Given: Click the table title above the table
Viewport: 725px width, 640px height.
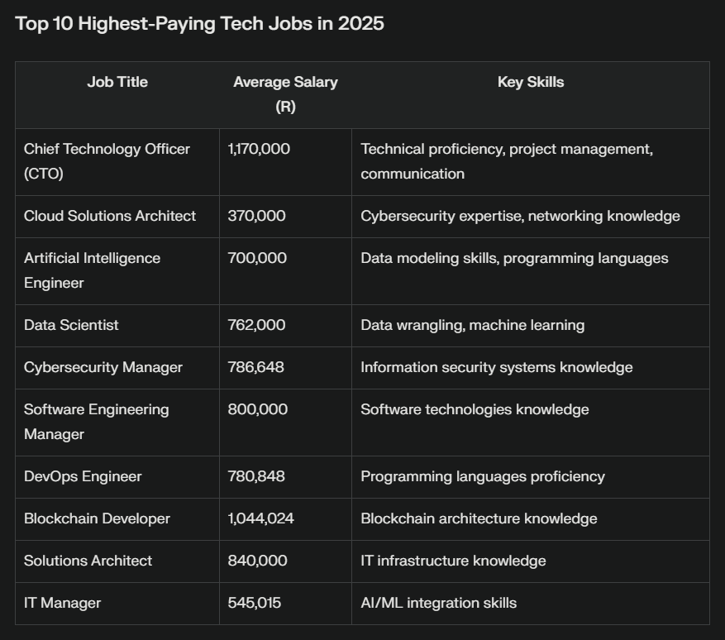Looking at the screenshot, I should pos(199,24).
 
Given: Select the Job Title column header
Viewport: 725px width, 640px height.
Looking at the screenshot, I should pos(117,82).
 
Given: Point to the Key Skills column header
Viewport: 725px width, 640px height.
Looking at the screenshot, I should pos(531,82).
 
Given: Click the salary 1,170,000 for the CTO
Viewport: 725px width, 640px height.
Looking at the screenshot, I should pos(259,149).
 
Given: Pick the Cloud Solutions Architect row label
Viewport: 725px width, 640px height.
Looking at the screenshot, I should pos(110,216).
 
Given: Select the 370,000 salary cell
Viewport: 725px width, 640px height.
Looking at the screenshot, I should pos(256,216).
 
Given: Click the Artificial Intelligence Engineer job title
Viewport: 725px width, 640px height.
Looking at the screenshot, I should pos(93,270).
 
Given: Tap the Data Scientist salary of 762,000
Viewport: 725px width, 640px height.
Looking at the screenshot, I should pos(256,325).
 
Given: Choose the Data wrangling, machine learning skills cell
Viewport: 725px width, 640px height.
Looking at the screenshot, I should pos(472,325).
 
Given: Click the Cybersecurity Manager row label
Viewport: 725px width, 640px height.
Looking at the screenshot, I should pos(103,367).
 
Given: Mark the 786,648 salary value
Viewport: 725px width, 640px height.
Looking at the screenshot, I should pos(255,367).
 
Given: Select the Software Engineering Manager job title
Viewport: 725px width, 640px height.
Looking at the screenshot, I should pos(96,422).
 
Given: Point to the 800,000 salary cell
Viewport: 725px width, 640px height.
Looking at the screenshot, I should pos(257,409).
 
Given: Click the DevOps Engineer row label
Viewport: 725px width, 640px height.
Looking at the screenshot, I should pos(83,476).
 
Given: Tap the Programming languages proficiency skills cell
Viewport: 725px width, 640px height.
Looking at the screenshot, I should pos(482,476).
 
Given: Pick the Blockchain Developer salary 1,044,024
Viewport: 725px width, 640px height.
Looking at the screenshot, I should pos(260,518).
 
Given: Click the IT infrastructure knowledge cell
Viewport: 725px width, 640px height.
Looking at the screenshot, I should pos(453,561).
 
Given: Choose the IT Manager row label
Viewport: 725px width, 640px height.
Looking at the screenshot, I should pos(62,603).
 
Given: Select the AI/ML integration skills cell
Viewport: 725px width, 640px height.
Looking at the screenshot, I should pos(438,603).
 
